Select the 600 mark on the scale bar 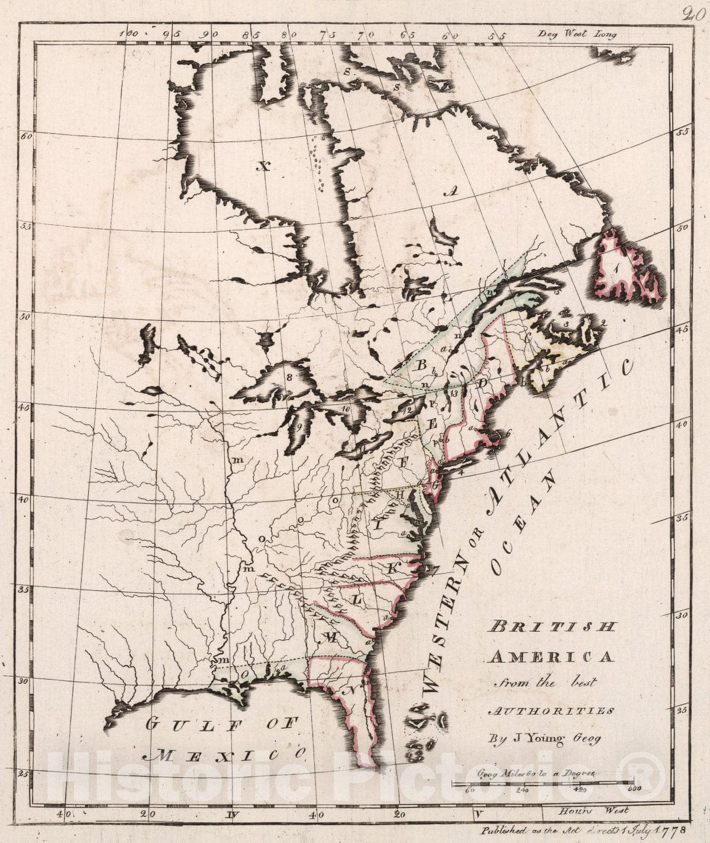(634, 789)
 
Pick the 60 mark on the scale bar (471, 789)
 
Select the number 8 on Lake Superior (290, 377)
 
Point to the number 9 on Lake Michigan (299, 426)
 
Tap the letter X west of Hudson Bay (262, 166)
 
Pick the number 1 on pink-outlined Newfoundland (617, 268)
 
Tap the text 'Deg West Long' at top (576, 34)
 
